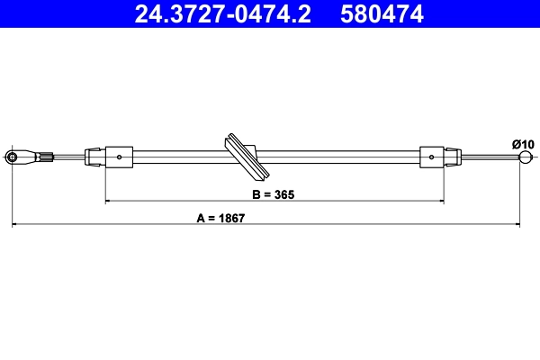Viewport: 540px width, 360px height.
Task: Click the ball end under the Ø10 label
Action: coord(526,157)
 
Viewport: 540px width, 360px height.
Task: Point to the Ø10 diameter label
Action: coord(523,144)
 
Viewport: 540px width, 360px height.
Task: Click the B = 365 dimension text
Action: coord(274,193)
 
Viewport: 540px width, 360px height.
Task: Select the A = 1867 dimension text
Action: coord(220,218)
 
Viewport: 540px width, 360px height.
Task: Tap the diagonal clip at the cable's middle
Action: coord(246,157)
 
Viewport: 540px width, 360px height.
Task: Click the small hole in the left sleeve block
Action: coord(119,157)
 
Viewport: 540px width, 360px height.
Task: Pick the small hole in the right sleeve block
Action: coord(432,157)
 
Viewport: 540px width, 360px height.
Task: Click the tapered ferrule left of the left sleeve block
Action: coord(94,157)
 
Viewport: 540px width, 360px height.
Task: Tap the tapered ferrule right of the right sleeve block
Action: coord(454,157)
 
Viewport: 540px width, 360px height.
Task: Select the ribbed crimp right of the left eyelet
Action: coord(47,157)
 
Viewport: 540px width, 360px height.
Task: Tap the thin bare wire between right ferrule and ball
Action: coord(490,157)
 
